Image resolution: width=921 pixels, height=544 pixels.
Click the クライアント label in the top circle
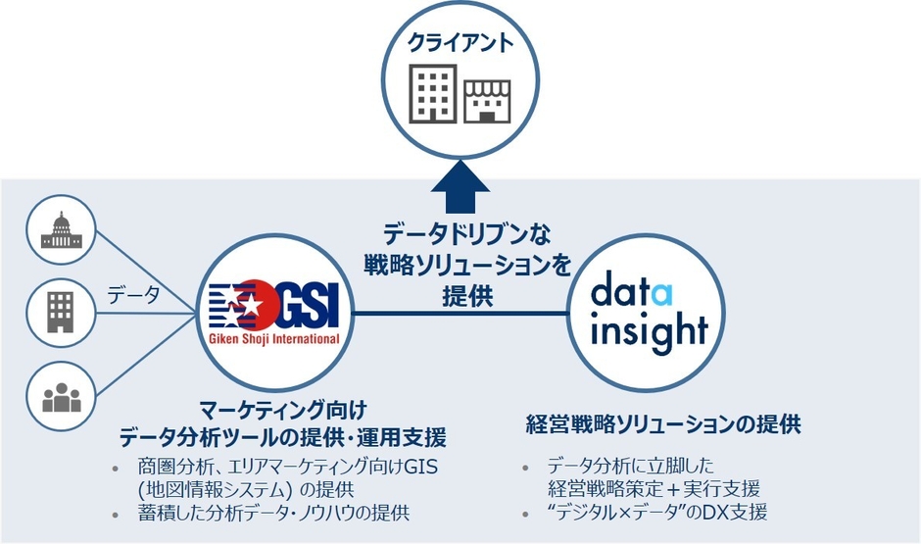click(x=460, y=44)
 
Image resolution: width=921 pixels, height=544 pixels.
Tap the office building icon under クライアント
click(x=432, y=93)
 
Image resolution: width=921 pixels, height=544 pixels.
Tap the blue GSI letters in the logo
click(x=303, y=306)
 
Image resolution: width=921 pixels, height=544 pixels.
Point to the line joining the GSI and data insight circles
click(x=460, y=314)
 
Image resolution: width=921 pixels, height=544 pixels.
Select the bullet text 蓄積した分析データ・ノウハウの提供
click(x=273, y=513)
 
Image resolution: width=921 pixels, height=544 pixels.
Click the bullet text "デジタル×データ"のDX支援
click(x=656, y=512)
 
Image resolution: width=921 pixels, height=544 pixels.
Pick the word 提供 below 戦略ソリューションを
click(x=460, y=295)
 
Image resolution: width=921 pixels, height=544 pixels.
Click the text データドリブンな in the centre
click(x=460, y=235)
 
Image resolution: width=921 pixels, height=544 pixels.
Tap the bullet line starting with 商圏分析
click(x=288, y=466)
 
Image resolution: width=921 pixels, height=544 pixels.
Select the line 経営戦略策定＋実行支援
click(x=654, y=488)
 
